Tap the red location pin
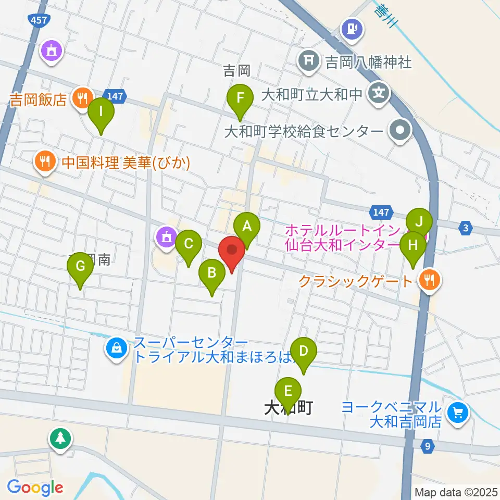[x=232, y=252]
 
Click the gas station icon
[x=352, y=27]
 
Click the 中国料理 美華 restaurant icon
[x=45, y=162]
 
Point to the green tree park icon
[x=60, y=438]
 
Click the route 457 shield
[x=35, y=18]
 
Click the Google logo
[x=35, y=488]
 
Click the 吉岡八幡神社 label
[x=368, y=63]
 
